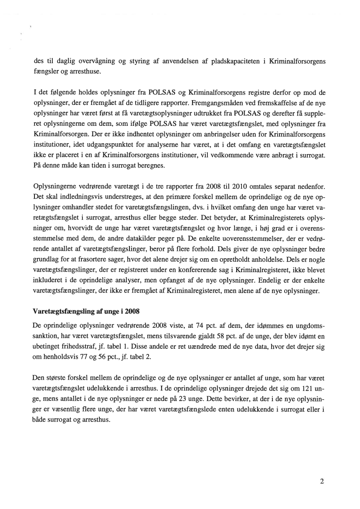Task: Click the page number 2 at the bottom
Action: (x=322, y=482)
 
